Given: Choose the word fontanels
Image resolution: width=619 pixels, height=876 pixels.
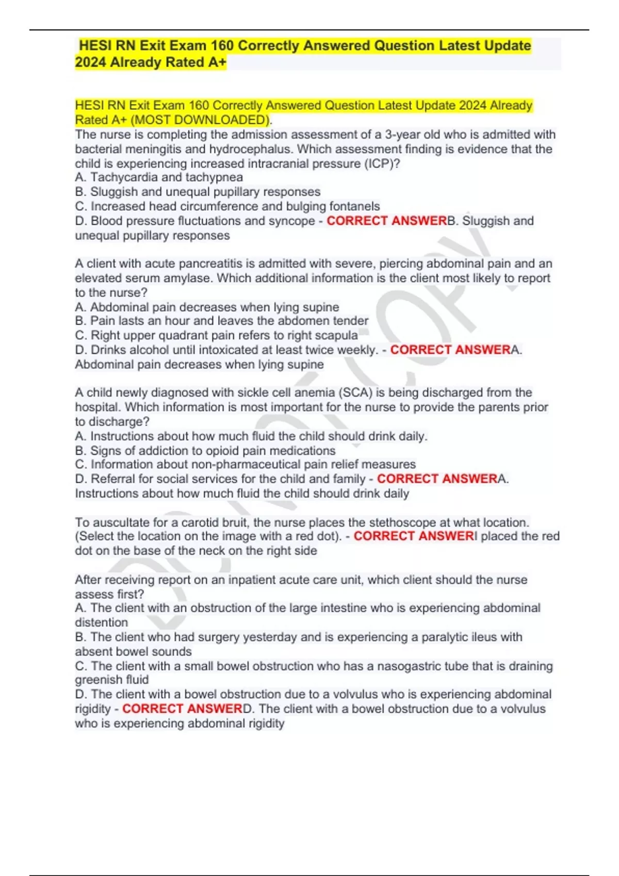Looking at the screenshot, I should pyautogui.click(x=354, y=207).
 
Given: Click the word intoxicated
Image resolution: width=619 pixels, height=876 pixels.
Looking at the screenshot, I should pyautogui.click(x=231, y=350).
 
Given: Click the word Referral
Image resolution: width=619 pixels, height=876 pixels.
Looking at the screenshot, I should pyautogui.click(x=113, y=479).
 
